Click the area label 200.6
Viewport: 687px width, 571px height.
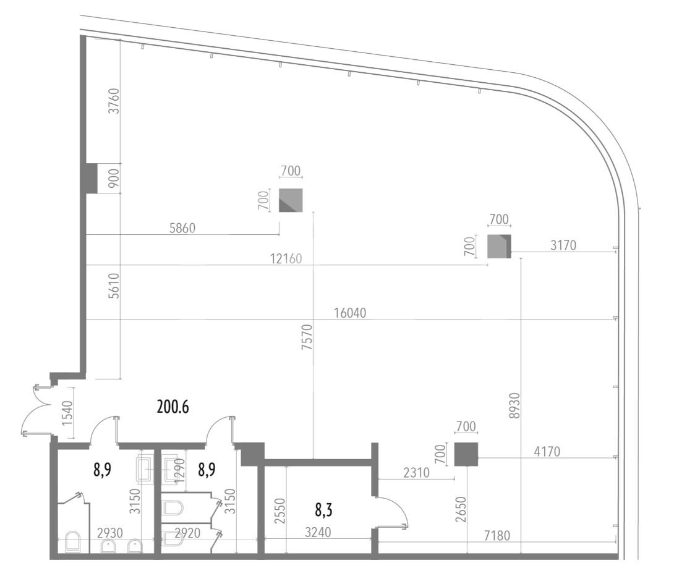click(173, 407)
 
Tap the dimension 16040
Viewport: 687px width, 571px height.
click(349, 313)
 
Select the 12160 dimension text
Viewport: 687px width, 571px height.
click(286, 259)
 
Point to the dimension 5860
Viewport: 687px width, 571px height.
click(182, 228)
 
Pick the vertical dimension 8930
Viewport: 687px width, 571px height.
click(515, 405)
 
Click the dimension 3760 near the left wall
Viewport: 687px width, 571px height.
click(114, 101)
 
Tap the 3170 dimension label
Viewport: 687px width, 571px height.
click(563, 245)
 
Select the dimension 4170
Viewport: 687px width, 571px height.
click(547, 451)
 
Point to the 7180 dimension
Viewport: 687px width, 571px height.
click(497, 535)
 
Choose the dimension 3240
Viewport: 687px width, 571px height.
click(318, 533)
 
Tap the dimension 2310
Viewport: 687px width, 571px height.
click(416, 473)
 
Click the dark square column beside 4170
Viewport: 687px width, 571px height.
click(466, 455)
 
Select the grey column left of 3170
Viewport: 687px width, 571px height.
click(499, 246)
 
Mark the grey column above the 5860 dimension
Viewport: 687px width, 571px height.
click(291, 200)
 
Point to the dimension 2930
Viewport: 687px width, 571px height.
click(110, 533)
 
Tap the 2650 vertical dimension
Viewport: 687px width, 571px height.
click(461, 509)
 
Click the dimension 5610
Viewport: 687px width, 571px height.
click(114, 285)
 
